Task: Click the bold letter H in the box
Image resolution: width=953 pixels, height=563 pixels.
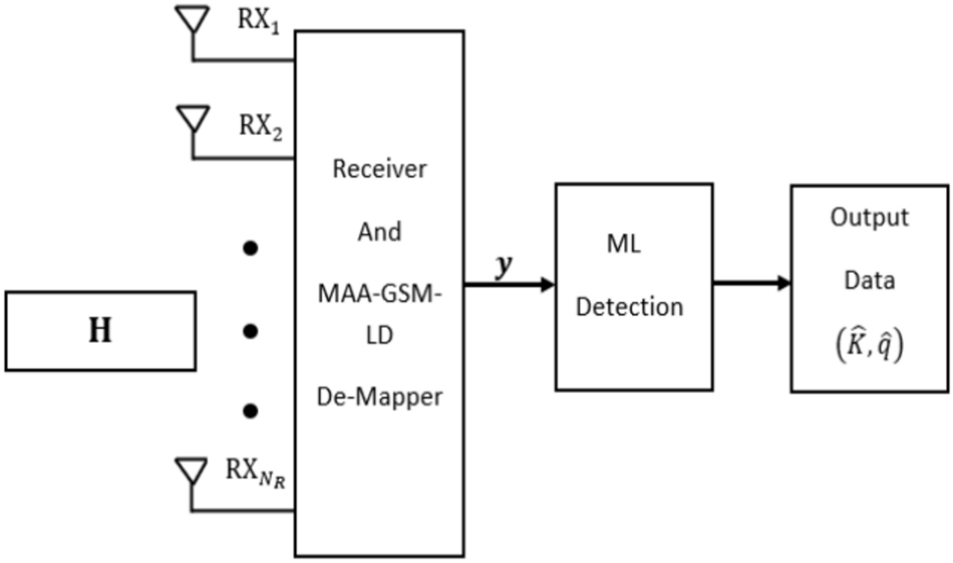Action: [99, 331]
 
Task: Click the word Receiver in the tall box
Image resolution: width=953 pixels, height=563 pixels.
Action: [379, 169]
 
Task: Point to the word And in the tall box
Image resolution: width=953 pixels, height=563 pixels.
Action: [379, 231]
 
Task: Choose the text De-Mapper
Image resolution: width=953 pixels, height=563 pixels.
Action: [379, 398]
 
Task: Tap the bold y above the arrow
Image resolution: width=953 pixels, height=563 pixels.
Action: [505, 266]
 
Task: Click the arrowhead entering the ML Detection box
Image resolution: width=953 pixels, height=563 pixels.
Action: [546, 285]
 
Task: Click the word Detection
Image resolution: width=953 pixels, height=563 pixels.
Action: [629, 306]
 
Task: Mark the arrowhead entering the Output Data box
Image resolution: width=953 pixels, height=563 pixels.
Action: [784, 283]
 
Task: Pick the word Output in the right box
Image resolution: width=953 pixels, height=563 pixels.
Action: [869, 218]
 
